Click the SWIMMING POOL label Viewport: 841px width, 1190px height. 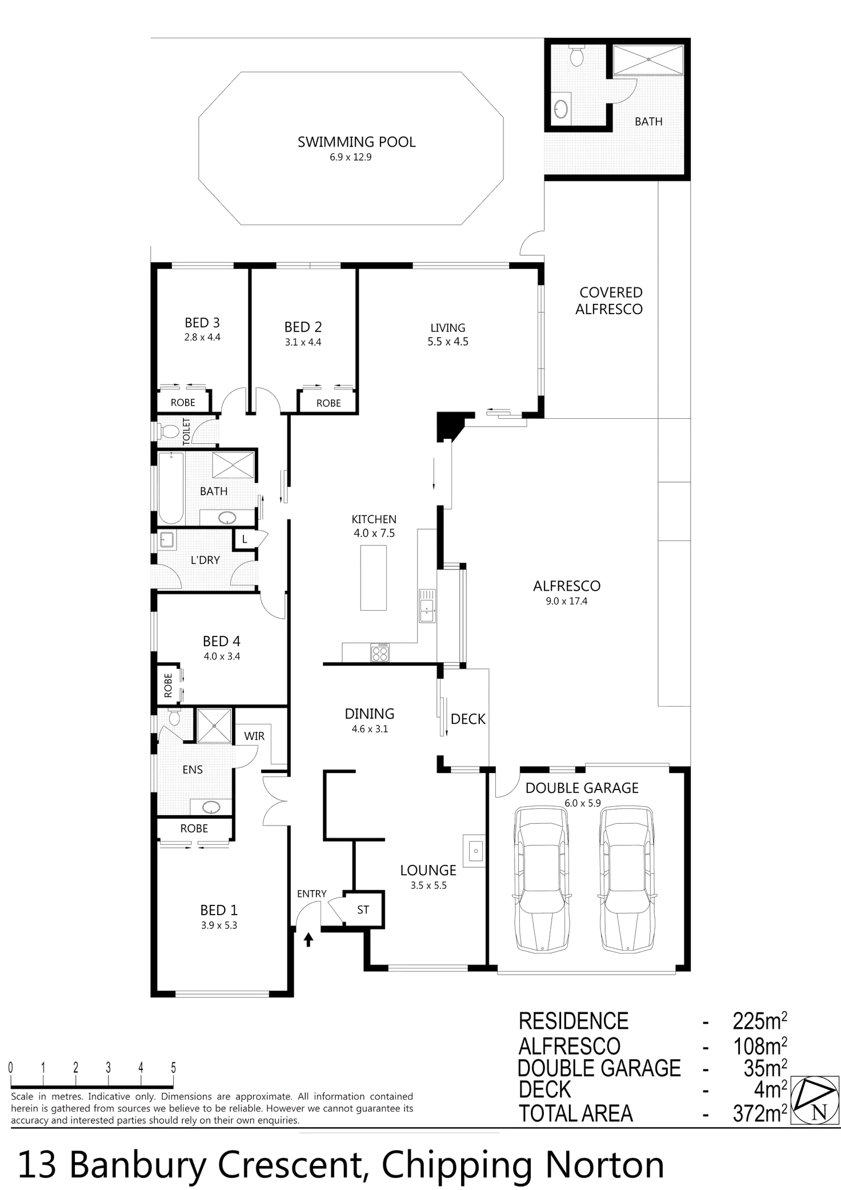tap(357, 142)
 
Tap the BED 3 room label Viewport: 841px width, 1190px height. tap(202, 323)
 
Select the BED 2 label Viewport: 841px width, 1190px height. tap(303, 327)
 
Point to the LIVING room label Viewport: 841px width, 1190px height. tap(448, 327)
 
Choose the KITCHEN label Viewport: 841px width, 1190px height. tap(374, 519)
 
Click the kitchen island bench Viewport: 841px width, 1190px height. tap(372, 578)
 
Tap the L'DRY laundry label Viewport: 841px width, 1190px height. tap(205, 560)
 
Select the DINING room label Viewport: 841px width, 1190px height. tap(369, 714)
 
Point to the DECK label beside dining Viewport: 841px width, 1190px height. tap(468, 719)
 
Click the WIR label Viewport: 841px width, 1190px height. tap(254, 736)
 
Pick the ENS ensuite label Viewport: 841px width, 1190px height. tap(193, 770)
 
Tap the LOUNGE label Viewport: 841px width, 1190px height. tap(428, 870)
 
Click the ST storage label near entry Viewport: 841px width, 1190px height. tap(363, 910)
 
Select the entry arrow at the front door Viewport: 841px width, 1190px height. tap(309, 937)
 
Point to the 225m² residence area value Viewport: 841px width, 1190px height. tap(760, 1020)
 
